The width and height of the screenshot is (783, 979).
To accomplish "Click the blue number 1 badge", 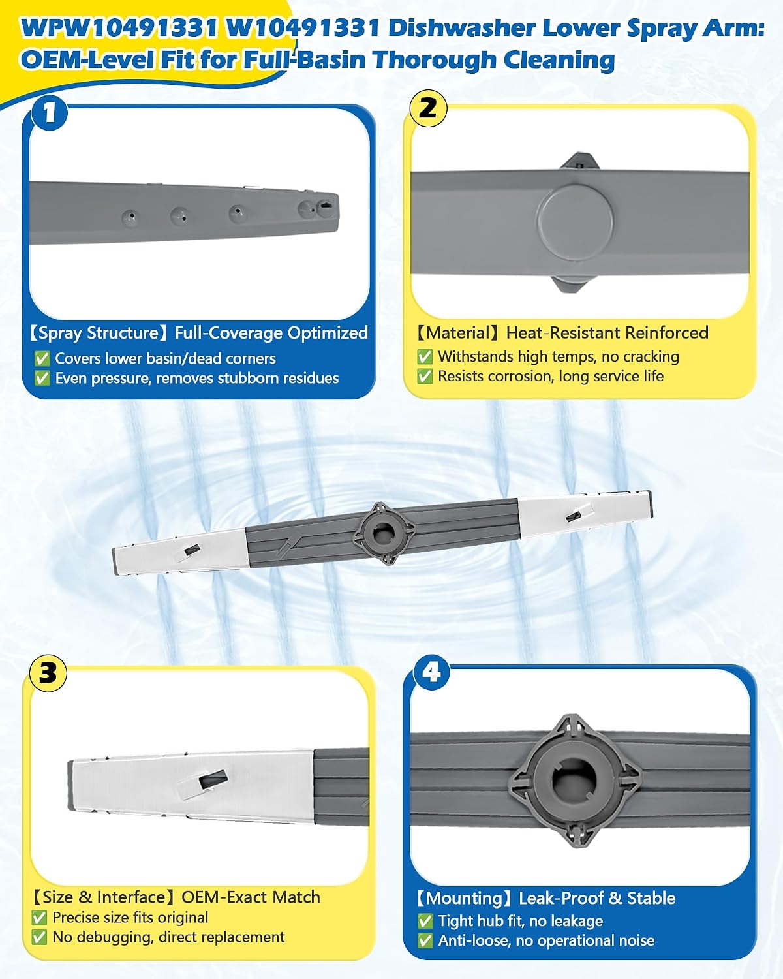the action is [x=50, y=112].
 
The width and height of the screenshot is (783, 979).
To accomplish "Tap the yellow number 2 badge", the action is [x=428, y=109].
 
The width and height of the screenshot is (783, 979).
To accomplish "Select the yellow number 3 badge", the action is [x=48, y=674].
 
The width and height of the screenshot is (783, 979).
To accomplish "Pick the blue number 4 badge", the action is [x=431, y=672].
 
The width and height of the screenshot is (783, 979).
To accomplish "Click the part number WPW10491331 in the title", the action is [x=119, y=28].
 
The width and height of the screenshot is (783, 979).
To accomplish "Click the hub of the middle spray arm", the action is [x=384, y=532].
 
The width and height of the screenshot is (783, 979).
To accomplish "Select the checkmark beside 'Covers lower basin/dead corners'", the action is [x=42, y=358].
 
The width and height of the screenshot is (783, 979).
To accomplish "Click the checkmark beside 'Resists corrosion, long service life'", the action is [x=425, y=376].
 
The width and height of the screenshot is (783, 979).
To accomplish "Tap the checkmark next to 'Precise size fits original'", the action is [x=39, y=918].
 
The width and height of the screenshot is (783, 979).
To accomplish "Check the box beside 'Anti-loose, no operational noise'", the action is [x=425, y=940].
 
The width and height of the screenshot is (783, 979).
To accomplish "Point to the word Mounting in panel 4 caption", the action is [x=464, y=899].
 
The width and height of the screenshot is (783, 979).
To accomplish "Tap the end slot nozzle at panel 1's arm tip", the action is [x=326, y=205].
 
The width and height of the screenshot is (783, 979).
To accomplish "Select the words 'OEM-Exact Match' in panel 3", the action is [x=251, y=897].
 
